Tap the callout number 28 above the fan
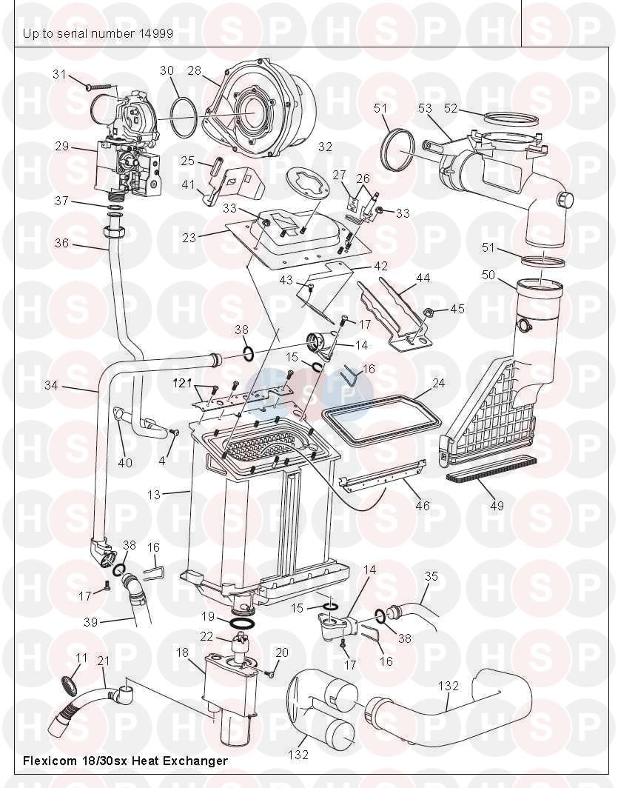pyautogui.click(x=194, y=70)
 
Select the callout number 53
pyautogui.click(x=425, y=108)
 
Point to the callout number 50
pyautogui.click(x=488, y=275)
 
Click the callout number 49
pyautogui.click(x=497, y=506)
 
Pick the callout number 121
pyautogui.click(x=182, y=383)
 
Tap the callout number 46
pyautogui.click(x=422, y=506)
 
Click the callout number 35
pyautogui.click(x=431, y=575)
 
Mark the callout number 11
pyautogui.click(x=81, y=657)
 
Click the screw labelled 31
pyautogui.click(x=101, y=87)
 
